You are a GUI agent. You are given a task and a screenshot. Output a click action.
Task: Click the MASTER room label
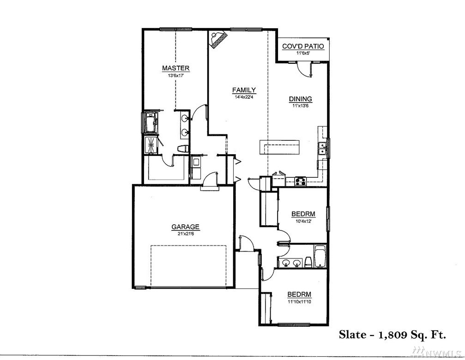tap(175, 68)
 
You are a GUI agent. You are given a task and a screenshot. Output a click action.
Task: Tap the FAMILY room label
tap(244, 90)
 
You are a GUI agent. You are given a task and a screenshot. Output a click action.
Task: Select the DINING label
tap(301, 99)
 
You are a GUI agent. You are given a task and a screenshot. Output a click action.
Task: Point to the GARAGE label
tap(185, 227)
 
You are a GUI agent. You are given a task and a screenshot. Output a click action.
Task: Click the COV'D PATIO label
tap(303, 47)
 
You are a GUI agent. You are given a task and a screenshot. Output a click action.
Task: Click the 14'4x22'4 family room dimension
tap(244, 96)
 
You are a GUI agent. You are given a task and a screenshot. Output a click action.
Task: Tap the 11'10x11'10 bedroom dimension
tap(299, 302)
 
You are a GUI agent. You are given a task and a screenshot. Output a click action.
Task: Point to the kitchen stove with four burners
tap(301, 181)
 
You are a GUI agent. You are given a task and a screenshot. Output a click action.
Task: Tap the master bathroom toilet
tap(183, 149)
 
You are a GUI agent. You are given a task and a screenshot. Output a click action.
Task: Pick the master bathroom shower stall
tap(151, 145)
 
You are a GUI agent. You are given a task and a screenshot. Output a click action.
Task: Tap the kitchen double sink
tap(322, 149)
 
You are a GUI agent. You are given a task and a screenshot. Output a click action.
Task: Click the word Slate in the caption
tap(352, 335)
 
